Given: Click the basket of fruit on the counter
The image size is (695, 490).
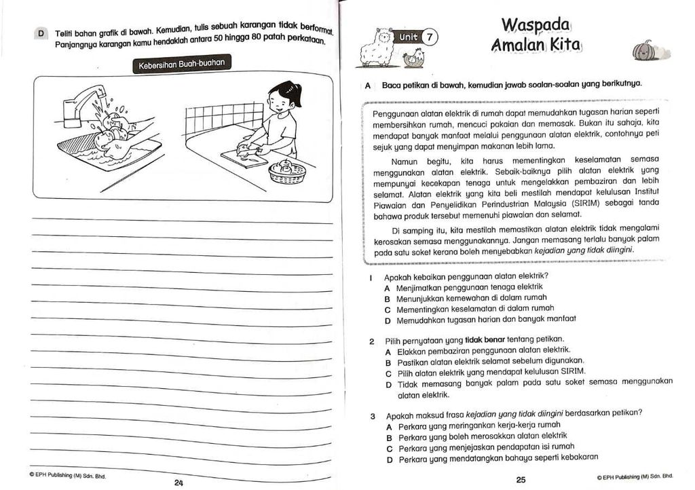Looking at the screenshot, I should point(286,172).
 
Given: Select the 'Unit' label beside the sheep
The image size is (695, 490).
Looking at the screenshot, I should point(409,37).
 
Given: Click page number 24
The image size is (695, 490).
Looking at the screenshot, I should point(179,483).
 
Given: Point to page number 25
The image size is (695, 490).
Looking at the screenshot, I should point(521,480).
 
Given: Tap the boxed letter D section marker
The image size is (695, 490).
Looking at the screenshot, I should point(41,33).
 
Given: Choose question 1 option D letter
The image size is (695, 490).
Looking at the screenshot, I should point(387,320).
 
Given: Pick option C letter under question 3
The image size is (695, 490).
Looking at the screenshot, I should point(389,448).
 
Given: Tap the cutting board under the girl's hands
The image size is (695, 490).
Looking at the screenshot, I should point(244,158).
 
